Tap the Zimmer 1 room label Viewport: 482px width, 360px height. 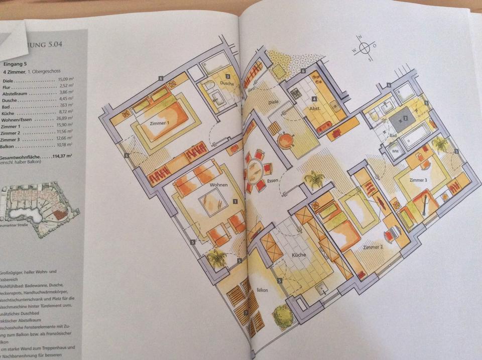[159, 123]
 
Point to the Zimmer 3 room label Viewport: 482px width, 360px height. [418, 180]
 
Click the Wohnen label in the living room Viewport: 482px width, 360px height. [219, 185]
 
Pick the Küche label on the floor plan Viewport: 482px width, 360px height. [299, 255]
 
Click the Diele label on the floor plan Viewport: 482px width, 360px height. [274, 102]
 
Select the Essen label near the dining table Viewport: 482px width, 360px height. [273, 179]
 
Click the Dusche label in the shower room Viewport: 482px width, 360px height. [227, 84]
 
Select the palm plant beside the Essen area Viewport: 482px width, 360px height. [315, 180]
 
